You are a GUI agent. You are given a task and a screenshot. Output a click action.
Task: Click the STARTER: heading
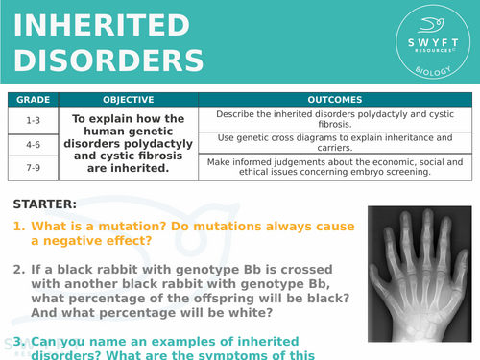(x=45, y=204)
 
